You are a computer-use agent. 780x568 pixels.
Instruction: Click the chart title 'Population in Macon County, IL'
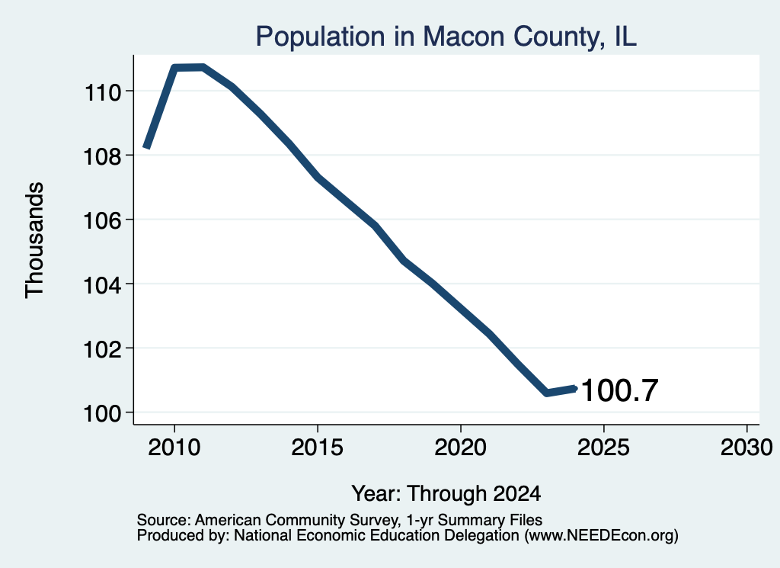pos(446,37)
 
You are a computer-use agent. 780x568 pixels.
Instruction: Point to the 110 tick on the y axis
pos(103,92)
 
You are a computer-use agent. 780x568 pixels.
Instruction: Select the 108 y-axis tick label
pos(103,156)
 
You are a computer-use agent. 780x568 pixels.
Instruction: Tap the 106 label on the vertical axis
pos(103,220)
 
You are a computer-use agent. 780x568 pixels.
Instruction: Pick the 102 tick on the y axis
pos(103,349)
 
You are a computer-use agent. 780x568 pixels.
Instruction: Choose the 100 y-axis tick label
pos(103,413)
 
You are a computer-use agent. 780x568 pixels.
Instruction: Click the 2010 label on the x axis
pos(174,447)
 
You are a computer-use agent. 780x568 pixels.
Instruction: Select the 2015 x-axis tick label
pos(318,447)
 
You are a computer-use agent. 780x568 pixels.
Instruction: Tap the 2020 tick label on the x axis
pos(461,447)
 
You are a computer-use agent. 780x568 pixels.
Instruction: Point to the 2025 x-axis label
pos(603,447)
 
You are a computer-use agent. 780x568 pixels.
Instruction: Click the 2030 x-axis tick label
pos(746,447)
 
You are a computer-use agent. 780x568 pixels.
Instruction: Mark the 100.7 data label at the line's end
pos(620,390)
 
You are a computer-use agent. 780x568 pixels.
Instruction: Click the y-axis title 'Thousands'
pos(34,240)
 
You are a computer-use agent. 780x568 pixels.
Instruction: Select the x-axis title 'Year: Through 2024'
pos(446,494)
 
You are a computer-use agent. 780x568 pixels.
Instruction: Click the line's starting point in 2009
pos(146,146)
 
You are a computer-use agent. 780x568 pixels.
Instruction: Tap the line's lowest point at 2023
pos(547,393)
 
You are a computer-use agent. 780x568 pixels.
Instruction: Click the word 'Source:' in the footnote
pos(164,520)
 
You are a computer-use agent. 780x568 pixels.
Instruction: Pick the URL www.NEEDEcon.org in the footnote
pos(601,536)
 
